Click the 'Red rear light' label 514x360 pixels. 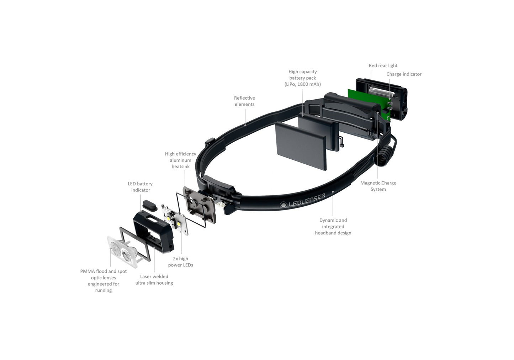coord(383,65)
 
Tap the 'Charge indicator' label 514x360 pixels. coord(404,74)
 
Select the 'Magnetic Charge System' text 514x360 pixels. coord(378,186)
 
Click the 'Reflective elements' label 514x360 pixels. coord(244,101)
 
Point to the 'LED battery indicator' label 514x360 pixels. coord(140,187)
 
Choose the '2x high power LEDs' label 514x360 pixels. coord(181,262)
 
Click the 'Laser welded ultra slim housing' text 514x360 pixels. coord(154,280)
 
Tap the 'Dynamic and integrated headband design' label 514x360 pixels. coord(333,227)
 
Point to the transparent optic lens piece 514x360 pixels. coord(122,252)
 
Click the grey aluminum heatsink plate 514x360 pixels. coord(199,205)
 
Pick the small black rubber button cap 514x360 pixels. coord(150,206)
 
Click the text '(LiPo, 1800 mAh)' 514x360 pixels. coord(302,84)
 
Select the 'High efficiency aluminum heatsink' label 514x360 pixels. coord(181,160)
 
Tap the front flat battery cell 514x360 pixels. coord(301,146)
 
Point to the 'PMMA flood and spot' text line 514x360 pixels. coord(103,271)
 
